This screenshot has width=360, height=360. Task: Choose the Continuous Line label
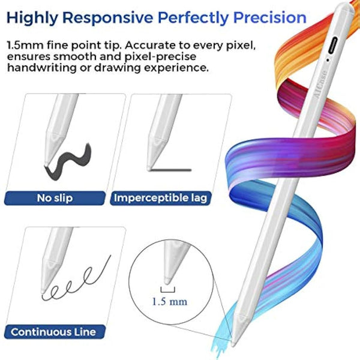(53, 331)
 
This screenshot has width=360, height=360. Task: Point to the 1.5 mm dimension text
(170, 302)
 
